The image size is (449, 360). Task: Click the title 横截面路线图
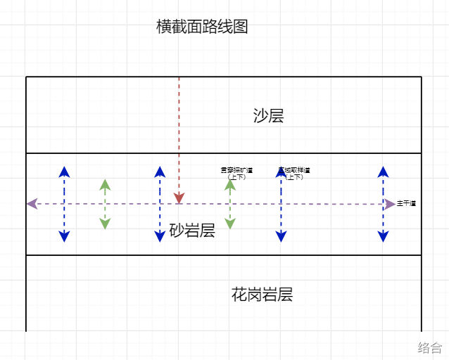[202, 27]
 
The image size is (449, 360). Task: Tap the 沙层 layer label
[268, 116]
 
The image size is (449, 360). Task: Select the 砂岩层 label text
[192, 231]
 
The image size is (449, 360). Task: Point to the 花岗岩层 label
[262, 295]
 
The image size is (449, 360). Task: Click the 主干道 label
[406, 203]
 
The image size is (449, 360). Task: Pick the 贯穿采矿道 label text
[236, 170]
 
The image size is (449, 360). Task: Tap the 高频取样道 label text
[294, 170]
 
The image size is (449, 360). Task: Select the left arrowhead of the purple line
[32, 204]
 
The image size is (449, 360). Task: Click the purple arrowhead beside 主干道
[390, 204]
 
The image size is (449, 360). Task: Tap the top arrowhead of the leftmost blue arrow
[64, 172]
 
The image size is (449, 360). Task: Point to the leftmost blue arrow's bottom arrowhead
[64, 236]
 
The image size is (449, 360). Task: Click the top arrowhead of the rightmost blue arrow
[383, 172]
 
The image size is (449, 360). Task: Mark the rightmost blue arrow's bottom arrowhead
[383, 236]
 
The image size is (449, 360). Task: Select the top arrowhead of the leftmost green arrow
[105, 184]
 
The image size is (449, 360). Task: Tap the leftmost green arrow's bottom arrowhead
[105, 224]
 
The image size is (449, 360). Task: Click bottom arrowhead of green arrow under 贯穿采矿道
[230, 224]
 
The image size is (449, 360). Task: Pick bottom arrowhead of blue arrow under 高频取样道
[281, 236]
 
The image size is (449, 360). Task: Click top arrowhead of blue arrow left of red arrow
[160, 172]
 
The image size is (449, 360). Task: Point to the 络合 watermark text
[429, 347]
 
